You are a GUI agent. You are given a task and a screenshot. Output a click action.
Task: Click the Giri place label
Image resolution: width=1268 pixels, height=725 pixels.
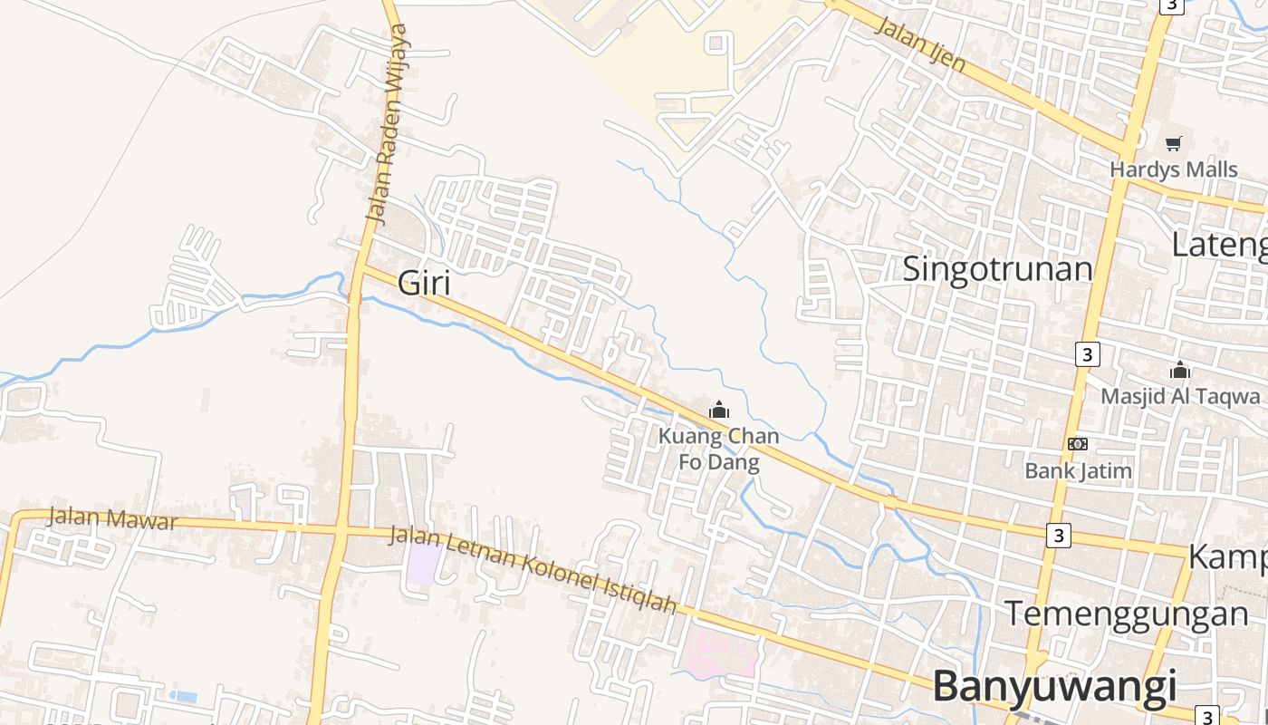pos(424,284)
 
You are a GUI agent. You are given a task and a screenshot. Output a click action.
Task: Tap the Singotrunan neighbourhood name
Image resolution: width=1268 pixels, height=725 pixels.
pos(997,269)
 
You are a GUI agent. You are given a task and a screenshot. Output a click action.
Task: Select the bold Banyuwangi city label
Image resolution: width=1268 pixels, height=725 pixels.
pos(1054,685)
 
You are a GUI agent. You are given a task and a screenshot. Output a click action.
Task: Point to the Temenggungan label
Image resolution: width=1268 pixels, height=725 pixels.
pos(1126,614)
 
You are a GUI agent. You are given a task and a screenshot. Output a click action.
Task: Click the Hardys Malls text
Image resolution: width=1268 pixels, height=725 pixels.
pos(1173,169)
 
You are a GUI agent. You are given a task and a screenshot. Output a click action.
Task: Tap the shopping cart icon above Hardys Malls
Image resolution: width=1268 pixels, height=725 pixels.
pos(1174,143)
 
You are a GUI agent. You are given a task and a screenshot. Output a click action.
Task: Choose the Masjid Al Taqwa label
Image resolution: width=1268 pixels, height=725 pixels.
pos(1179,396)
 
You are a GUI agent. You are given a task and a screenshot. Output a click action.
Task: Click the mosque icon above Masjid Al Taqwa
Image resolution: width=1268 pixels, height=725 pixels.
pos(1179,370)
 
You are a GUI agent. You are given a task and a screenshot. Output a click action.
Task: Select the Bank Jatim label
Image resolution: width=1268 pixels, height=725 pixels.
pos(1078,470)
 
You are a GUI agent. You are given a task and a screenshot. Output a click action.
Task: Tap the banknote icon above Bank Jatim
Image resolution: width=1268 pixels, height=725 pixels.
pos(1078,444)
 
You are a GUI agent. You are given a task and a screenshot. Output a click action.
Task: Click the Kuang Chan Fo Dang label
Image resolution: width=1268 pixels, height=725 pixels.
pos(718,449)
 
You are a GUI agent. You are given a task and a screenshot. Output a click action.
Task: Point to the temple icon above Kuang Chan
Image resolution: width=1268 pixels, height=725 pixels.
pos(719,410)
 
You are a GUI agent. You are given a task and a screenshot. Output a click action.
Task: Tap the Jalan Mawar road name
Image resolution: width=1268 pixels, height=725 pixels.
pos(112,519)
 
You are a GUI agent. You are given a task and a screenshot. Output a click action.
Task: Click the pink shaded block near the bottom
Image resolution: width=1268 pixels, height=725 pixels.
pos(720,652)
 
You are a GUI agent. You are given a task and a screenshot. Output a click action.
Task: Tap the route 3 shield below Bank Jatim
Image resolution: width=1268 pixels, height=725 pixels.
pos(1057,535)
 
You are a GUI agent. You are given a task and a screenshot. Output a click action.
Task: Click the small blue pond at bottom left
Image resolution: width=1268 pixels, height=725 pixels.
pos(183,696)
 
